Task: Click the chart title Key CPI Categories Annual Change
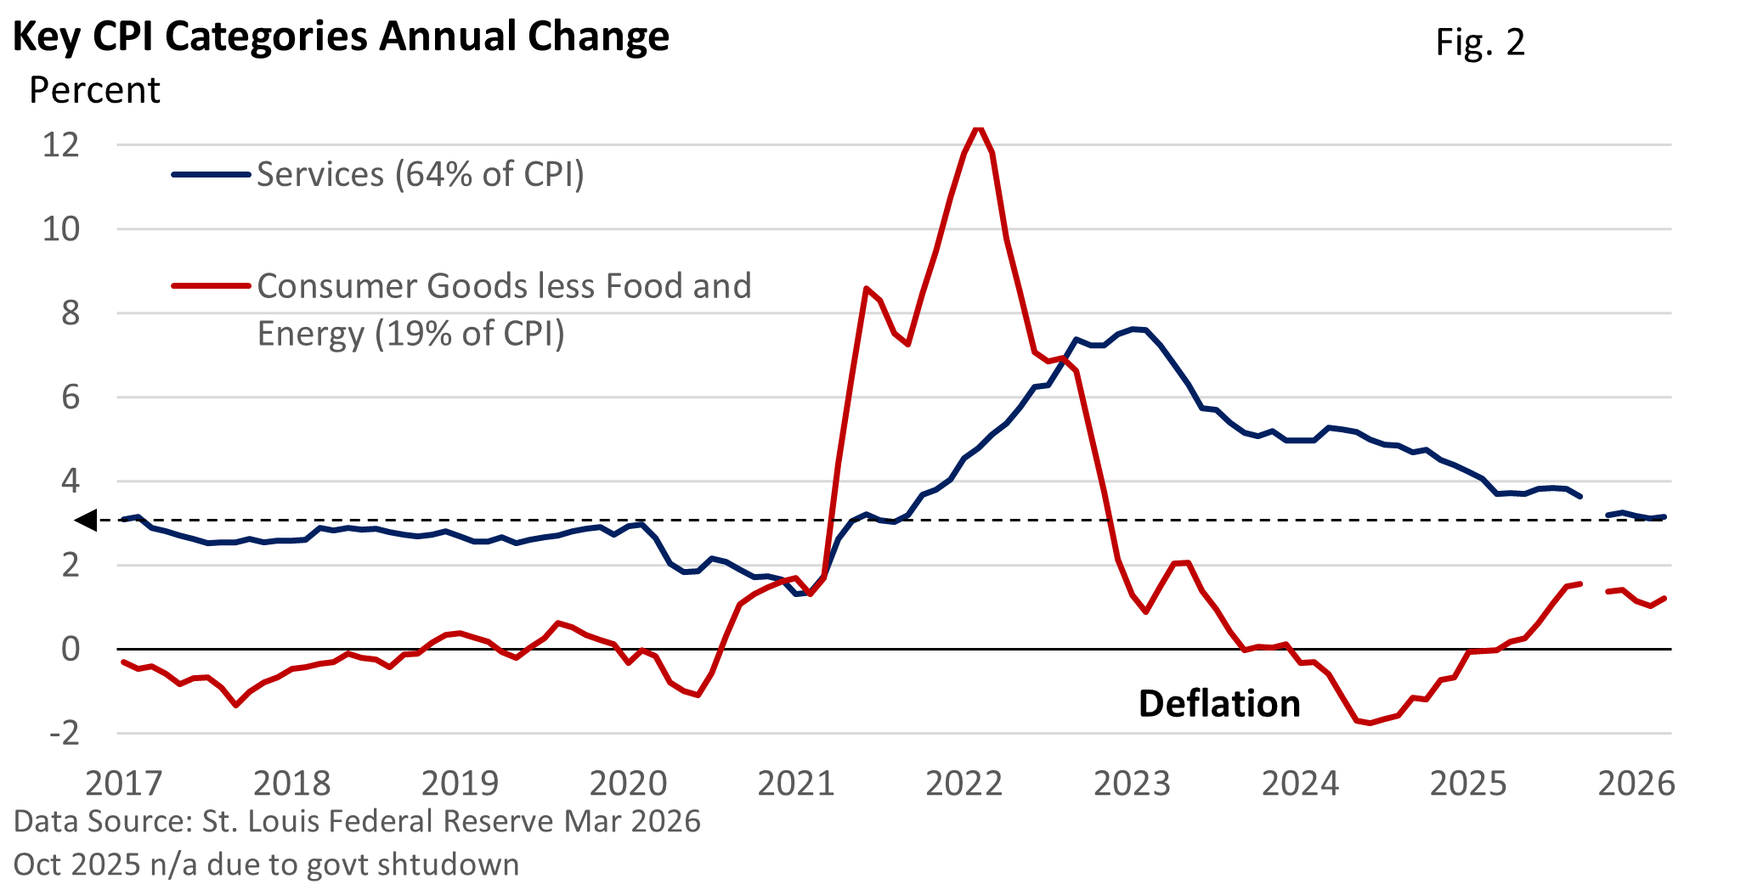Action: tap(341, 37)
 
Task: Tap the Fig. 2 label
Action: tap(1480, 42)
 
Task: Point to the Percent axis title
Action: tap(94, 90)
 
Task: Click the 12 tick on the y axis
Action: tap(60, 144)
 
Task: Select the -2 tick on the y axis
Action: tap(64, 733)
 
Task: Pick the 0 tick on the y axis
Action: tap(71, 649)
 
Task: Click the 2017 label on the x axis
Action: tap(124, 783)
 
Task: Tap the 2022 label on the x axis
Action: tap(964, 783)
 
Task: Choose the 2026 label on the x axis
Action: tap(1636, 783)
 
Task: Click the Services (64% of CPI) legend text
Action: tap(421, 174)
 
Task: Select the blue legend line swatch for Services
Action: tap(211, 175)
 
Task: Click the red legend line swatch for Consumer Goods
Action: tap(211, 286)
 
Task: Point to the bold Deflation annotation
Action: tap(1219, 704)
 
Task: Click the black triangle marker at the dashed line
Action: tap(87, 521)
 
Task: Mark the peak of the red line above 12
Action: tap(978, 128)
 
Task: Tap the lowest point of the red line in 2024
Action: tap(1369, 724)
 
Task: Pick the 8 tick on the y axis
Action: tap(71, 313)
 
